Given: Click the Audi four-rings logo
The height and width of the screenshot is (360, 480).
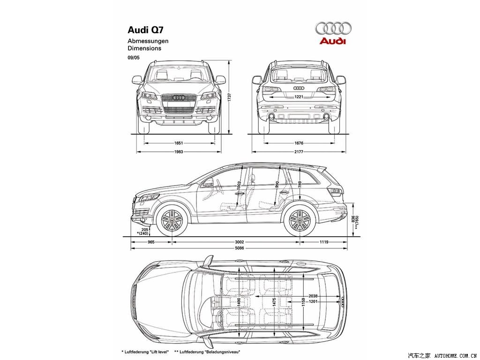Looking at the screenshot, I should (333, 29).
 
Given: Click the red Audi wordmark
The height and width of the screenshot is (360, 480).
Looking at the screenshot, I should (332, 41).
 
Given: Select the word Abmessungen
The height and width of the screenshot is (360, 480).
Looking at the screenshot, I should (148, 41).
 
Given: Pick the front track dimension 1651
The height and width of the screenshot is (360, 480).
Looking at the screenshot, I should (178, 143).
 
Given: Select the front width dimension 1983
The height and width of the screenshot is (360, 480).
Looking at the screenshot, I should (178, 151).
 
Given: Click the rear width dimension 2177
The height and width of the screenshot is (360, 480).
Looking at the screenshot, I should (299, 151).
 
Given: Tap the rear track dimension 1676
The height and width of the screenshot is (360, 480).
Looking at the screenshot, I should (299, 143).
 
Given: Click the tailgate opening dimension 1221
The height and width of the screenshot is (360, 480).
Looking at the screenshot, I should (299, 97).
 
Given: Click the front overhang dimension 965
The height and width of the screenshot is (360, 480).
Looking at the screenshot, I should (151, 242).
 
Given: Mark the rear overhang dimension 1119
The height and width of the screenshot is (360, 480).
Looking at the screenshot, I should (323, 242).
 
